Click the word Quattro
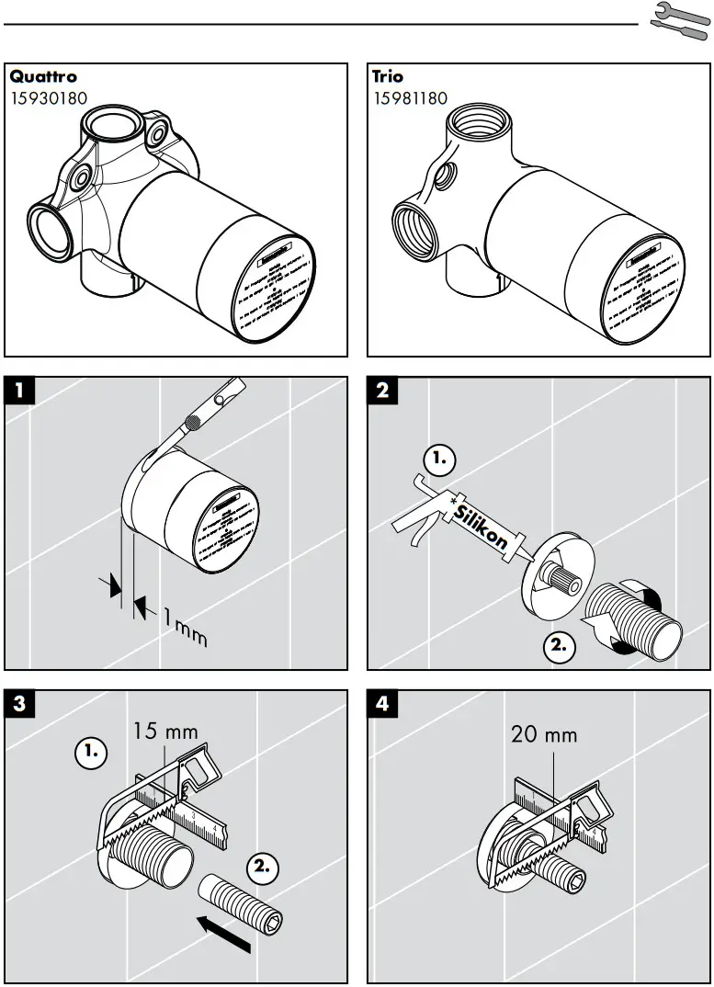pyautogui.click(x=43, y=77)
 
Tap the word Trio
pyautogui.click(x=388, y=77)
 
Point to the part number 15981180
pyautogui.click(x=410, y=97)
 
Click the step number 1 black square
pyautogui.click(x=19, y=390)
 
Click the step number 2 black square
pyautogui.click(x=382, y=390)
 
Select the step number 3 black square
pyautogui.click(x=19, y=705)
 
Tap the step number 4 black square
pyautogui.click(x=382, y=705)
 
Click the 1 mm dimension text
pyautogui.click(x=184, y=625)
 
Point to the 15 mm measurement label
pyautogui.click(x=165, y=732)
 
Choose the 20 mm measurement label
pyautogui.click(x=544, y=734)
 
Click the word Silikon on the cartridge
pyautogui.click(x=480, y=527)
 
